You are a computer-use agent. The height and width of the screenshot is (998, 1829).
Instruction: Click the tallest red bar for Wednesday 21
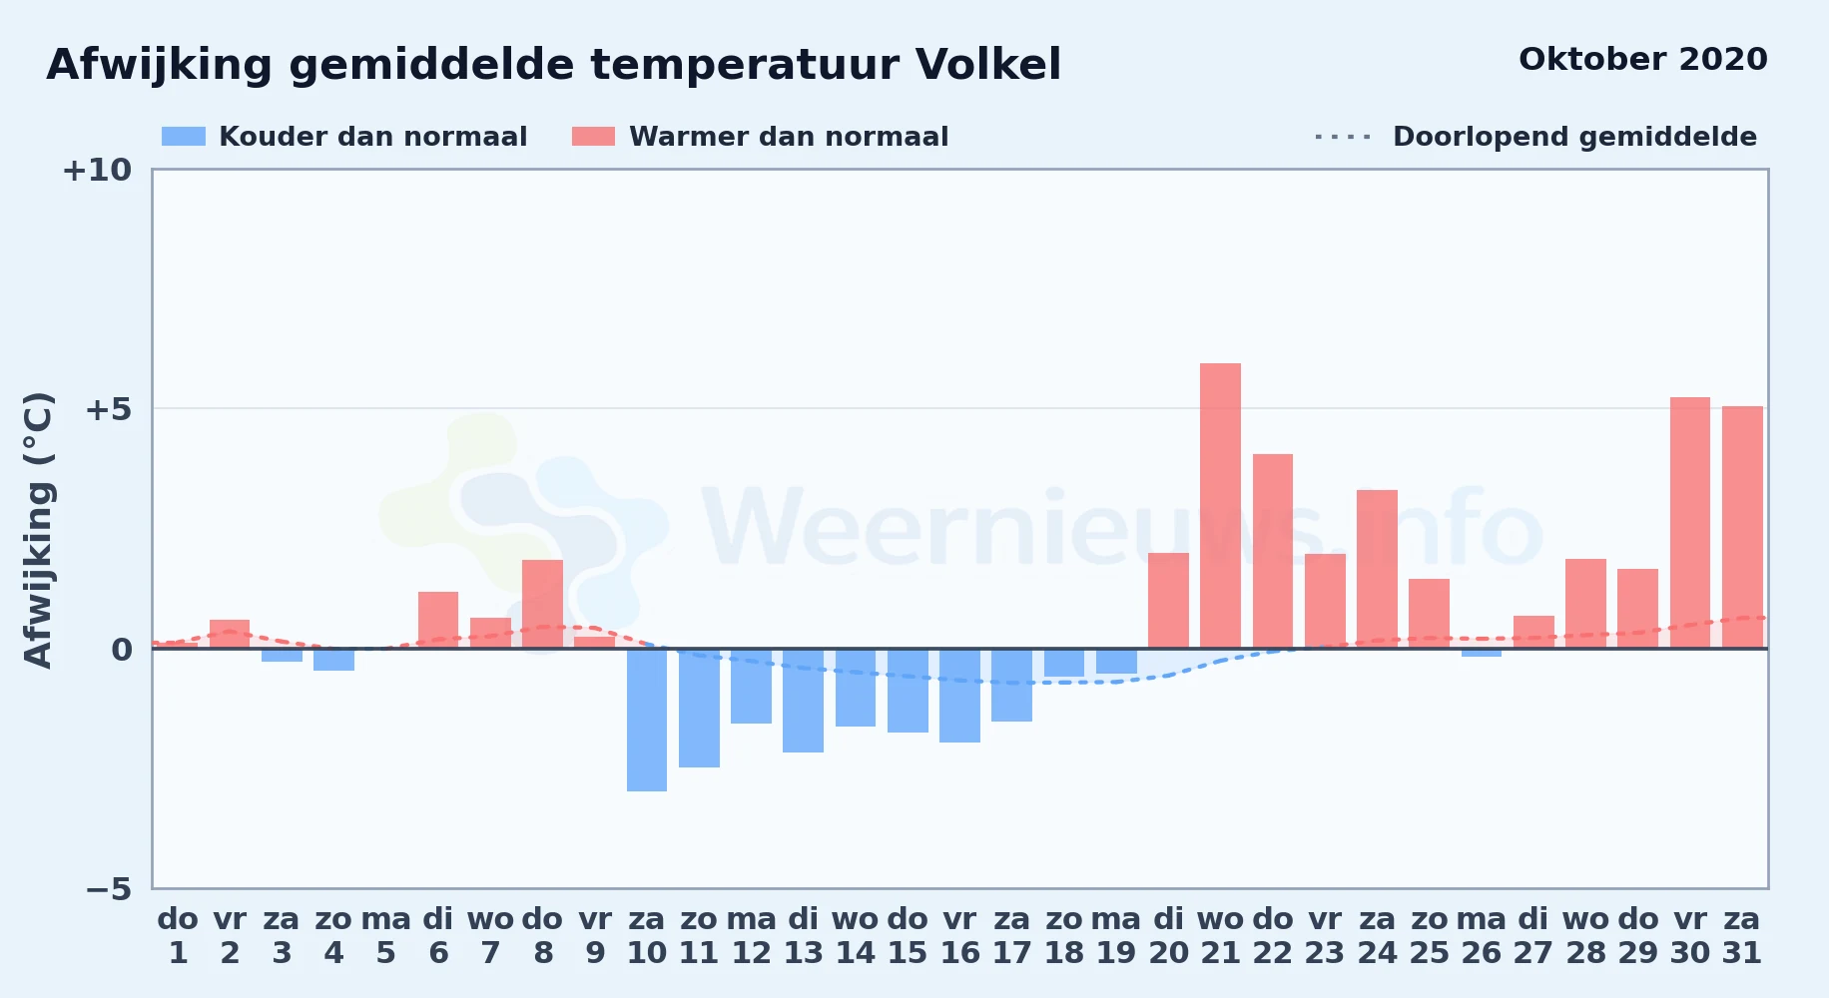pyautogui.click(x=1220, y=506)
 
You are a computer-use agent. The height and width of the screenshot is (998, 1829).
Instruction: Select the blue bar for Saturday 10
pyautogui.click(x=647, y=720)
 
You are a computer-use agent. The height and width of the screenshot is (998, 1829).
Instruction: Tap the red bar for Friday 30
pyautogui.click(x=1690, y=523)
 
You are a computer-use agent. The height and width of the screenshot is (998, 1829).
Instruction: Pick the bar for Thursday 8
pyautogui.click(x=542, y=604)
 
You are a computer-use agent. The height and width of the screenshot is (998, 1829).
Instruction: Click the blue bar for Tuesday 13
pyautogui.click(x=803, y=701)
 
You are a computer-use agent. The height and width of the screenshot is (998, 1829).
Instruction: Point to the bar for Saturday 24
pyautogui.click(x=1377, y=569)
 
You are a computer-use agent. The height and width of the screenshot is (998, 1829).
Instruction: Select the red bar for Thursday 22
pyautogui.click(x=1273, y=551)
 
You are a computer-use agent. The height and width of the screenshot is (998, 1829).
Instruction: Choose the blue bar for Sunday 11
pyautogui.click(x=699, y=708)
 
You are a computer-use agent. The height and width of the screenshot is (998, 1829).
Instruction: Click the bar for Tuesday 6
pyautogui.click(x=438, y=620)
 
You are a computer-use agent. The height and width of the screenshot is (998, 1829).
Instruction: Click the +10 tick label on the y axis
pyautogui.click(x=97, y=170)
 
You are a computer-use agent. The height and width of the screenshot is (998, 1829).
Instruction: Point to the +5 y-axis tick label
pyautogui.click(x=108, y=409)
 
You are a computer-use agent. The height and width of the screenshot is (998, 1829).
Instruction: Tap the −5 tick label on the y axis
pyautogui.click(x=109, y=888)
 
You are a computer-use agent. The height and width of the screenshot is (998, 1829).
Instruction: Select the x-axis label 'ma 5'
pyautogui.click(x=385, y=935)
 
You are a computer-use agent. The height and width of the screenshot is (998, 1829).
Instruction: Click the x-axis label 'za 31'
pyautogui.click(x=1742, y=935)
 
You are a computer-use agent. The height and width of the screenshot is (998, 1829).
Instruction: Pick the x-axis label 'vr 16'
pyautogui.click(x=959, y=935)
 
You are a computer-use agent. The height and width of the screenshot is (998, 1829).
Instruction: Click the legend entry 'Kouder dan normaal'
pyautogui.click(x=344, y=137)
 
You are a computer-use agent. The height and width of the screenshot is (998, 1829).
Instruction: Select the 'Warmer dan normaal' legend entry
pyautogui.click(x=760, y=137)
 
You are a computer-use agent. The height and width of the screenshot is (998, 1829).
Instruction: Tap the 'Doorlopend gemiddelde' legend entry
pyautogui.click(x=1535, y=137)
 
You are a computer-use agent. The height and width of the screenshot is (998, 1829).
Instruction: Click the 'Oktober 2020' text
pyautogui.click(x=1643, y=59)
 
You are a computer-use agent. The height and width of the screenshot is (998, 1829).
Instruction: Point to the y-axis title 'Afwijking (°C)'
pyautogui.click(x=38, y=530)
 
